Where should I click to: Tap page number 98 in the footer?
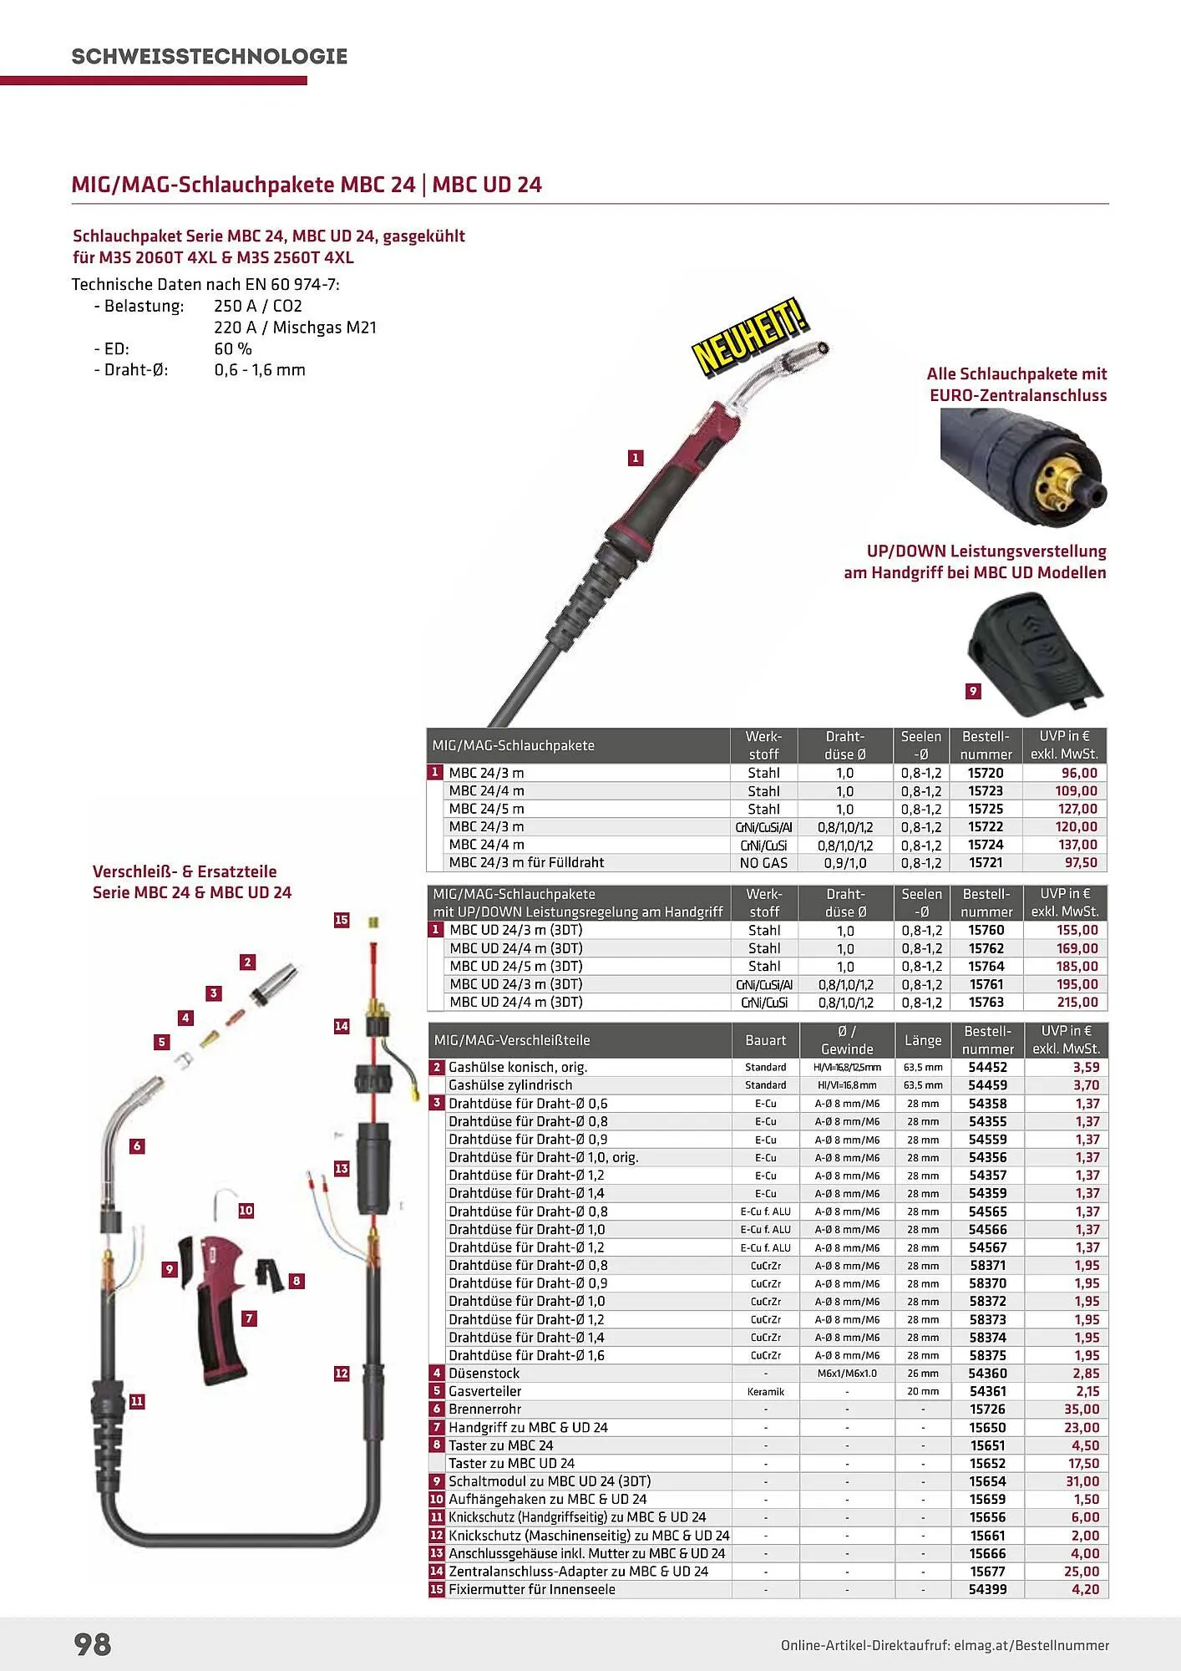click(x=93, y=1643)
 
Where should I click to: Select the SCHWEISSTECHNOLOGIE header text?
click(x=209, y=57)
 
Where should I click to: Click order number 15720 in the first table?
click(x=986, y=773)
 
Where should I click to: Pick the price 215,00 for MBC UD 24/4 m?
click(x=1077, y=1002)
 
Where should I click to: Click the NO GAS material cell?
click(x=763, y=862)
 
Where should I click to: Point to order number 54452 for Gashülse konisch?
click(x=987, y=1067)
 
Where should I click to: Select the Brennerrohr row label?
click(x=484, y=1409)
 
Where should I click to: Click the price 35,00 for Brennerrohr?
click(x=1082, y=1409)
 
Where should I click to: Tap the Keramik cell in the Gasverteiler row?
click(x=765, y=1391)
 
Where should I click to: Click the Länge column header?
click(x=922, y=1040)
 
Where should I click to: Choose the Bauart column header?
click(x=765, y=1040)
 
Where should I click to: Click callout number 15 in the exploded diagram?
click(x=342, y=920)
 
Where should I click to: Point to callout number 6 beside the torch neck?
click(x=137, y=1145)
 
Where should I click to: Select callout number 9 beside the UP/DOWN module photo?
click(x=973, y=691)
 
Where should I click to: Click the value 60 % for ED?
click(x=233, y=348)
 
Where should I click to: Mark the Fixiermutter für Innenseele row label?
click(x=531, y=1589)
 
